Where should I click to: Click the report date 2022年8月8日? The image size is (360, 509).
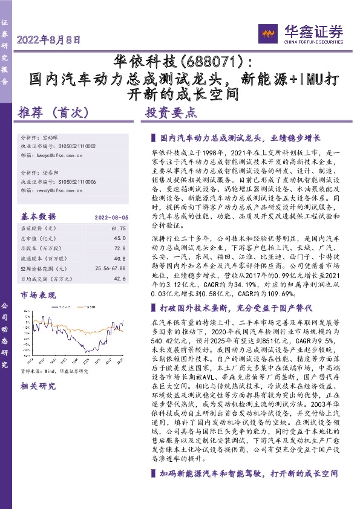tap(50, 41)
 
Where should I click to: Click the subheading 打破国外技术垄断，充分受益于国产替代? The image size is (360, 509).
tap(243, 308)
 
